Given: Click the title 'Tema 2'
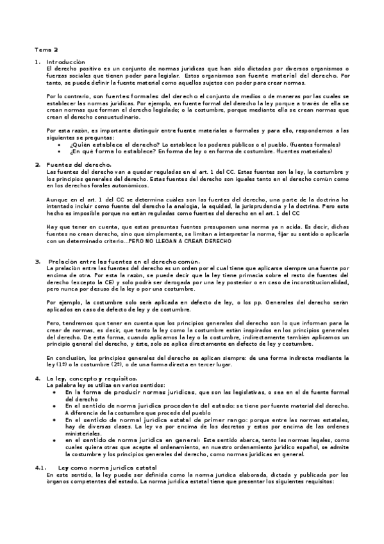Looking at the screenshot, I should click(x=47, y=49).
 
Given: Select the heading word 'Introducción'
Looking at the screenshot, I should click(x=66, y=62).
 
